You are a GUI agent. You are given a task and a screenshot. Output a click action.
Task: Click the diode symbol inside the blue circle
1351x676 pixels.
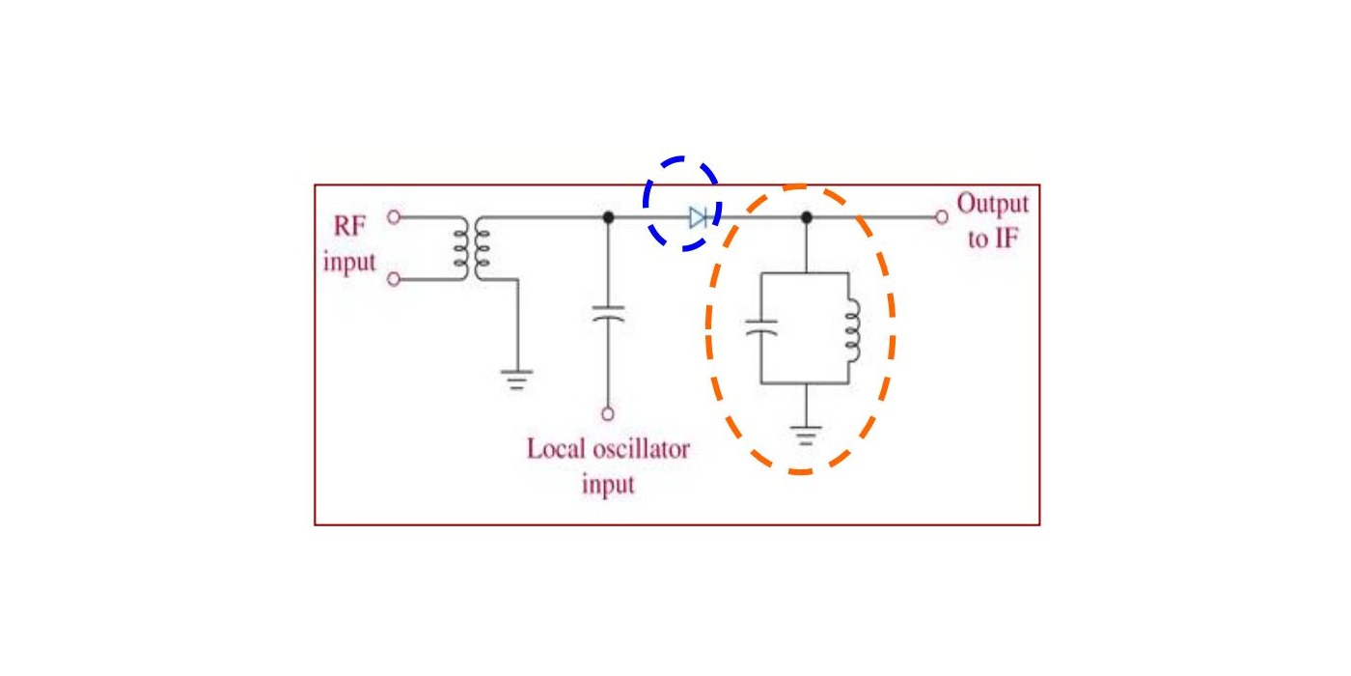(699, 217)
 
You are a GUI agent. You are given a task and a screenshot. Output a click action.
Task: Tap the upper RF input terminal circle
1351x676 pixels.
(394, 217)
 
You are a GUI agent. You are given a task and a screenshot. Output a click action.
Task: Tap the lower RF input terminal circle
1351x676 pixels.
(394, 279)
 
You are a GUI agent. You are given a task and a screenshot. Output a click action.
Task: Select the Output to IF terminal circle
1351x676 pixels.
(942, 217)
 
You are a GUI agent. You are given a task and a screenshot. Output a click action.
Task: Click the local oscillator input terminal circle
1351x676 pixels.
(608, 414)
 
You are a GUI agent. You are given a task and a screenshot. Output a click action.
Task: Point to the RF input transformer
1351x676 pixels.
(472, 248)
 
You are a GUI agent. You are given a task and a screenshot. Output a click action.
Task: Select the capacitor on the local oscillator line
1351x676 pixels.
(608, 314)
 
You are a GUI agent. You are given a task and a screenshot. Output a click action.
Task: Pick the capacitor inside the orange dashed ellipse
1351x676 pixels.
(761, 327)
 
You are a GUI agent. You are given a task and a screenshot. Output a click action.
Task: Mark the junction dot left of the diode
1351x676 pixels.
(608, 217)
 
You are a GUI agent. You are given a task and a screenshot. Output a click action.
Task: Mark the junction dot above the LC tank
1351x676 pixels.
(807, 217)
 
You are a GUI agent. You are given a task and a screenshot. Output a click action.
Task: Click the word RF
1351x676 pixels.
(349, 226)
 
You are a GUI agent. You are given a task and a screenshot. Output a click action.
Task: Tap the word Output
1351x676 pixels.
(993, 205)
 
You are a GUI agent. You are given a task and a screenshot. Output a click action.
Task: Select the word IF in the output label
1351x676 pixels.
(1006, 239)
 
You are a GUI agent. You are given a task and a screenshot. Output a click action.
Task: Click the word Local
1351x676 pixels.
(556, 449)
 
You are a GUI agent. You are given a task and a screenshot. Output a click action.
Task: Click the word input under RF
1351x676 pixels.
(349, 263)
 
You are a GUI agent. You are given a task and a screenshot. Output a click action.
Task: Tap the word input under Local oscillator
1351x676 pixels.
(608, 485)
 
